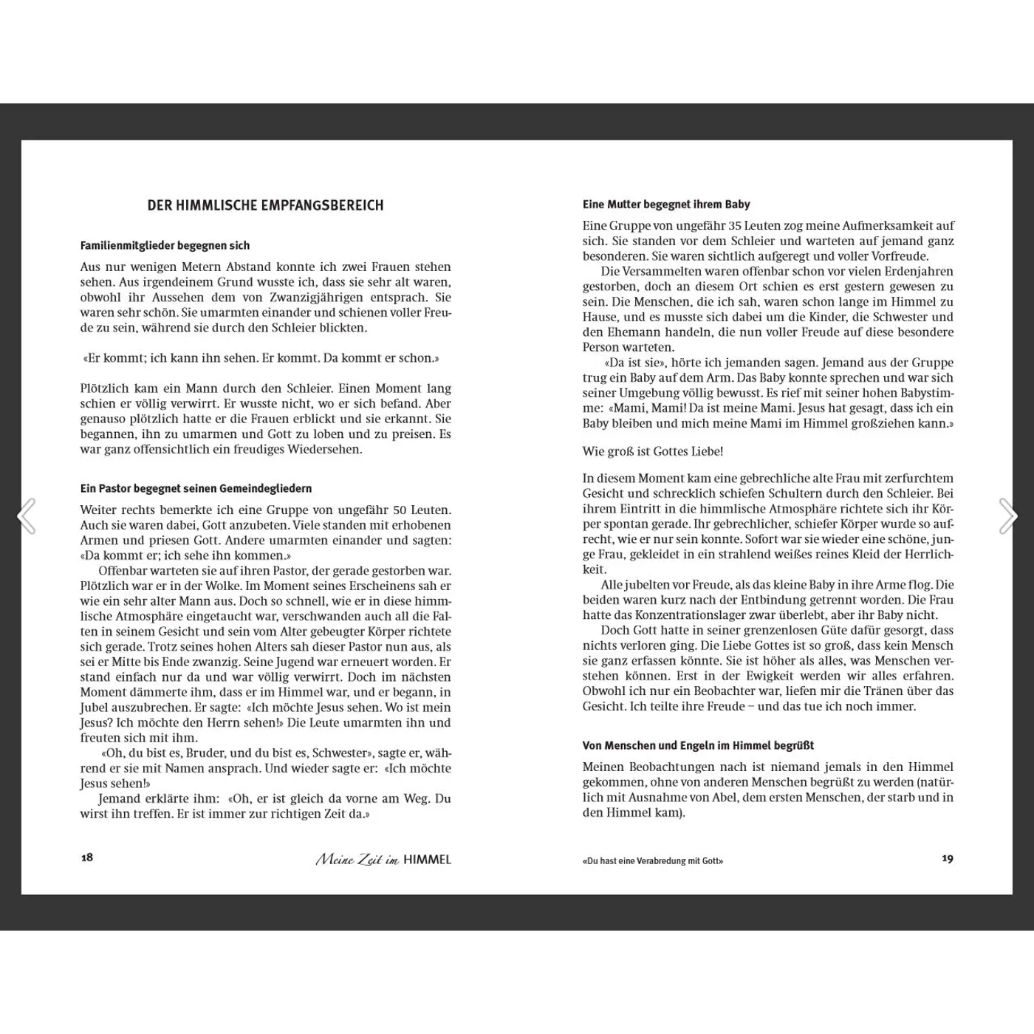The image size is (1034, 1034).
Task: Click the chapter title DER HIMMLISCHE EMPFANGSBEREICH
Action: coord(265,205)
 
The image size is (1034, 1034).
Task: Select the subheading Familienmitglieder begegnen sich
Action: coord(165,245)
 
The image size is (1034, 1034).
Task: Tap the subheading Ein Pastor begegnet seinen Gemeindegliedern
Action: coord(196,488)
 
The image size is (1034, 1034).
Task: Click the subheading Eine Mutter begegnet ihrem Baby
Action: coord(666,205)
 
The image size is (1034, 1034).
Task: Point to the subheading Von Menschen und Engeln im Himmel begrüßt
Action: coord(698,746)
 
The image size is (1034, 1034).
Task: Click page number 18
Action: coord(87,857)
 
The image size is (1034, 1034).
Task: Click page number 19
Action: coord(948,858)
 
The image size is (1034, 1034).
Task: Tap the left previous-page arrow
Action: coord(27,516)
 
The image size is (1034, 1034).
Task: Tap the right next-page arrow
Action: coord(1007,516)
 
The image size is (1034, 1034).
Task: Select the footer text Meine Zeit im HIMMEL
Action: coord(383,859)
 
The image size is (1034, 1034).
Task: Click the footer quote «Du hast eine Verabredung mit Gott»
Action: coord(653,860)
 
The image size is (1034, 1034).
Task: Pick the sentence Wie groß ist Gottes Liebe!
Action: coord(653,451)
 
